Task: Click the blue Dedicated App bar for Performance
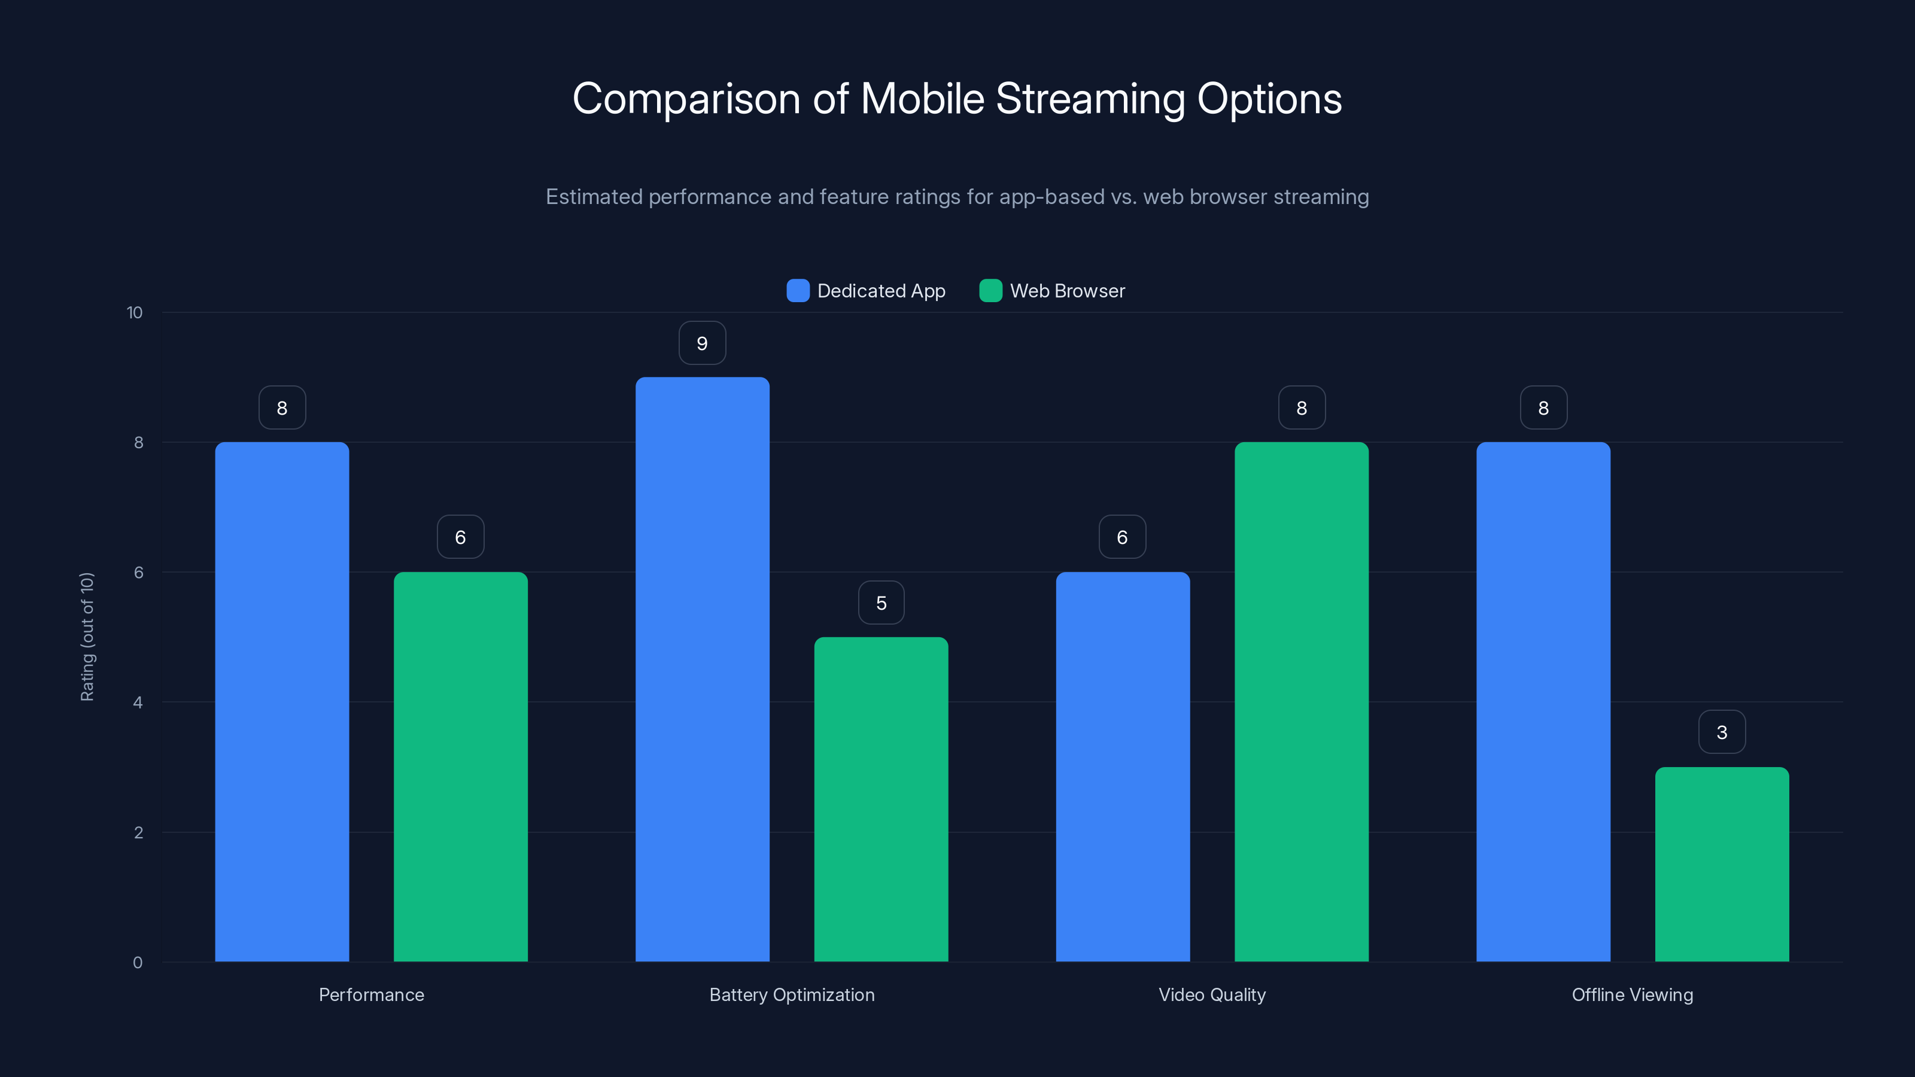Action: coord(282,702)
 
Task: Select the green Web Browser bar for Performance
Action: coord(460,766)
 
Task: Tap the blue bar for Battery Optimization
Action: coord(702,669)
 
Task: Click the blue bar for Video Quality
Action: coord(1123,766)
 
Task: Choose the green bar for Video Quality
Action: coord(1301,702)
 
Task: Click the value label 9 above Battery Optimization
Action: coord(702,343)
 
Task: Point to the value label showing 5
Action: coord(881,603)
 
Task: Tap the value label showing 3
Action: coord(1722,732)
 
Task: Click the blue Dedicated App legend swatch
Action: coord(798,291)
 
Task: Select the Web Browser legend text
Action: coord(1067,291)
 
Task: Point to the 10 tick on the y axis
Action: coord(135,312)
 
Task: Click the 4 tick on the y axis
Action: coord(138,702)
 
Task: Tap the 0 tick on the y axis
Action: coord(138,963)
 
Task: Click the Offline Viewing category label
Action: coord(1632,994)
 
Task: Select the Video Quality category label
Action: coord(1212,994)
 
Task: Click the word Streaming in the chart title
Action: coord(1090,99)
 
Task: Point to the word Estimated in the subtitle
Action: coord(593,197)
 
